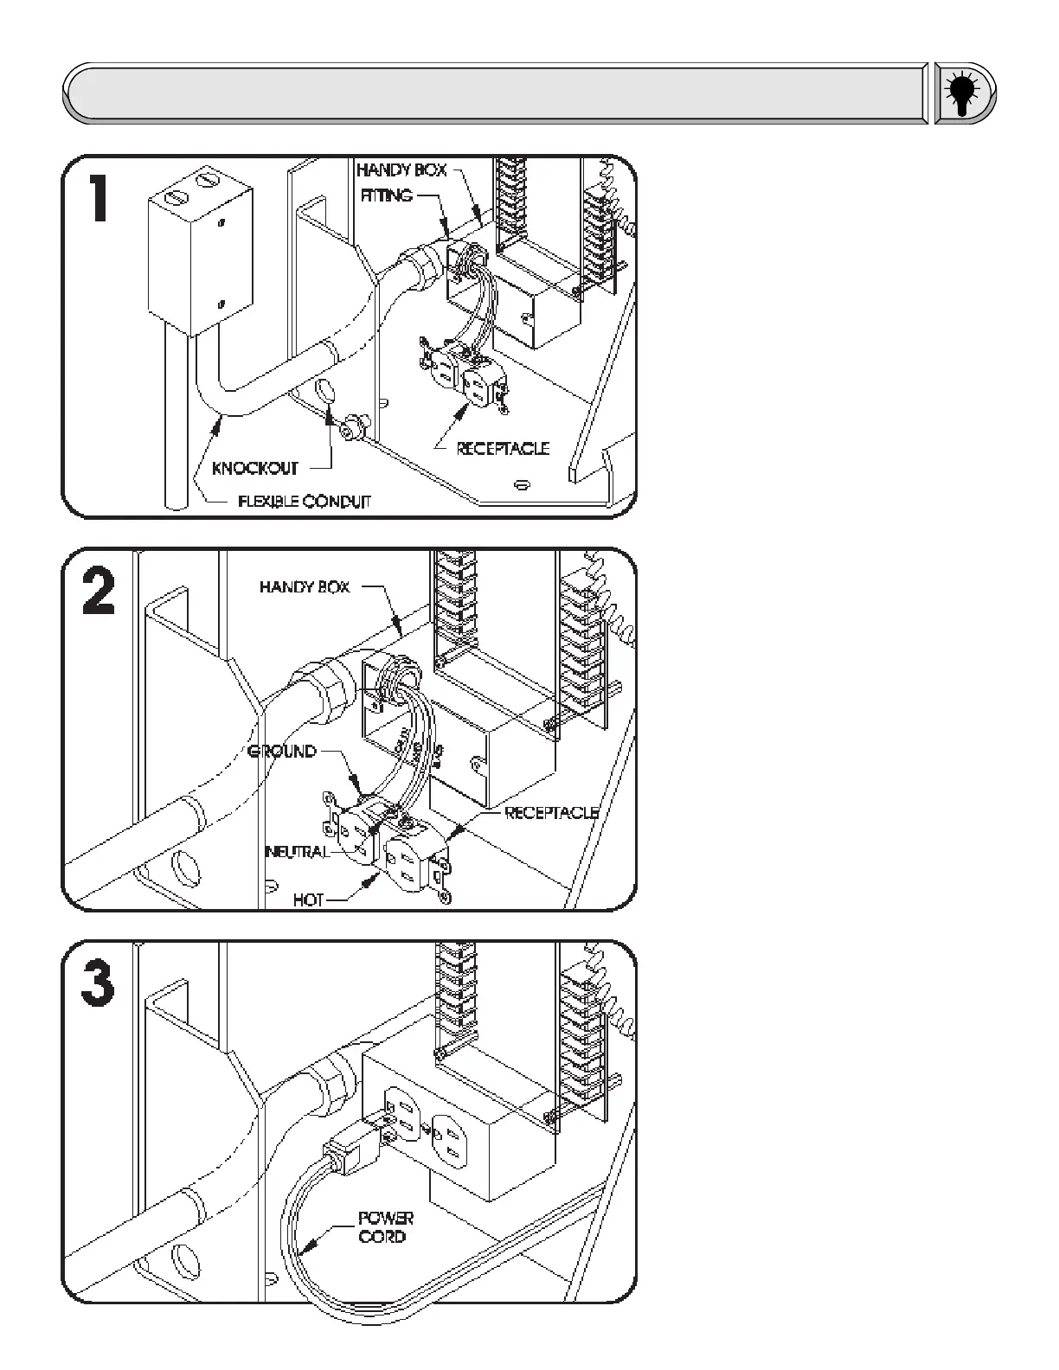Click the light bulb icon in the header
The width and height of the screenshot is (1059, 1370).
(963, 93)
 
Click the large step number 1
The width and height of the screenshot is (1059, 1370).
(100, 197)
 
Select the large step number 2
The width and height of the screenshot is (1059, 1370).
(99, 592)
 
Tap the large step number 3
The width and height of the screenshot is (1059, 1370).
(99, 984)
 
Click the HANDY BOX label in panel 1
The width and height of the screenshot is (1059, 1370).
(401, 170)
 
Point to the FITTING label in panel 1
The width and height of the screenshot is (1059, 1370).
(386, 195)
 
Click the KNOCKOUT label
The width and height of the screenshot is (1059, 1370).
(255, 469)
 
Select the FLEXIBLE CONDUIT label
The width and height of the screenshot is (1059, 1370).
(305, 502)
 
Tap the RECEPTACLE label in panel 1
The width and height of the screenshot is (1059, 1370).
(503, 448)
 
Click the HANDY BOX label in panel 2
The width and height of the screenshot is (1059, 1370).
(305, 587)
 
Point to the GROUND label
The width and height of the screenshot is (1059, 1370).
(282, 751)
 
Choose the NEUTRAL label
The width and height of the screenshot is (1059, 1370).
(297, 852)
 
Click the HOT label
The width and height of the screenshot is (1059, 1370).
(308, 900)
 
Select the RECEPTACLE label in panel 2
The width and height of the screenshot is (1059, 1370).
(551, 813)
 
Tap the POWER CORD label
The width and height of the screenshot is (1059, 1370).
(386, 1227)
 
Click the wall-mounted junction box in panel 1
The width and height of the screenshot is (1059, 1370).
(199, 252)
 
